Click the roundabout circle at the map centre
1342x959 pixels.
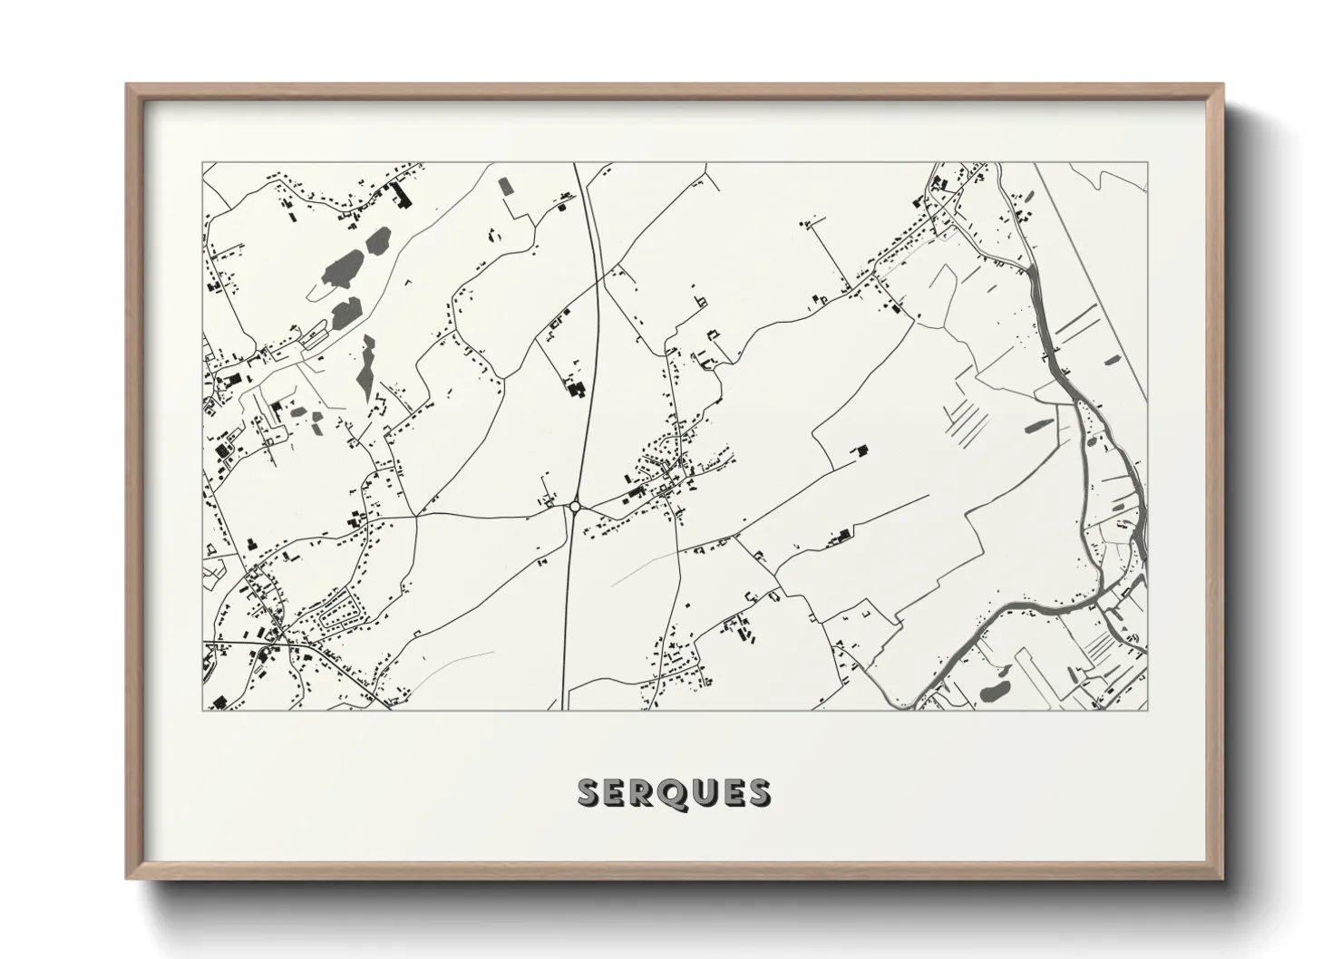pyautogui.click(x=574, y=507)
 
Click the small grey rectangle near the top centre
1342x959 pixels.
pyautogui.click(x=506, y=186)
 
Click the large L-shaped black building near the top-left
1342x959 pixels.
pyautogui.click(x=398, y=193)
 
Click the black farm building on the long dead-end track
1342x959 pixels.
pyautogui.click(x=842, y=536)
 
